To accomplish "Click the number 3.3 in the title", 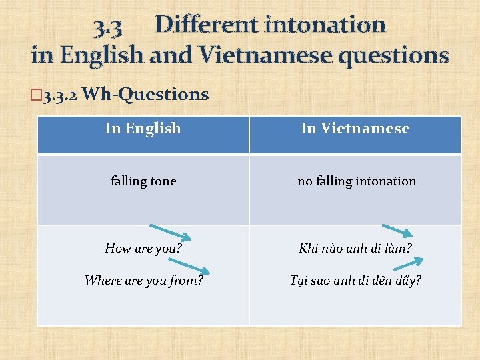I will tap(107, 26).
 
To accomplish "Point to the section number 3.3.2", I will tap(60, 95).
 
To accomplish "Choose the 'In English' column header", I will tap(143, 128).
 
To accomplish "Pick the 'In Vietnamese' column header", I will tap(355, 128).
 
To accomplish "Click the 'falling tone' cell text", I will tap(143, 181).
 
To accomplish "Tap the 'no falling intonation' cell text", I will tap(357, 181).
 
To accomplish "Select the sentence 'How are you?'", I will tap(143, 249).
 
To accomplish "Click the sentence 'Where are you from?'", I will tap(143, 280).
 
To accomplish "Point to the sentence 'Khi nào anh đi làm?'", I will tap(355, 249).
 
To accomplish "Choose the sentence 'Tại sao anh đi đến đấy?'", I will tap(355, 280).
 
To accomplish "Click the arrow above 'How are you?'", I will tap(170, 231).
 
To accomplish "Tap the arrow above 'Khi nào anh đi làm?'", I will tap(397, 231).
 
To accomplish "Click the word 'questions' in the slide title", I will tap(393, 55).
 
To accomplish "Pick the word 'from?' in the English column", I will tap(187, 280).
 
